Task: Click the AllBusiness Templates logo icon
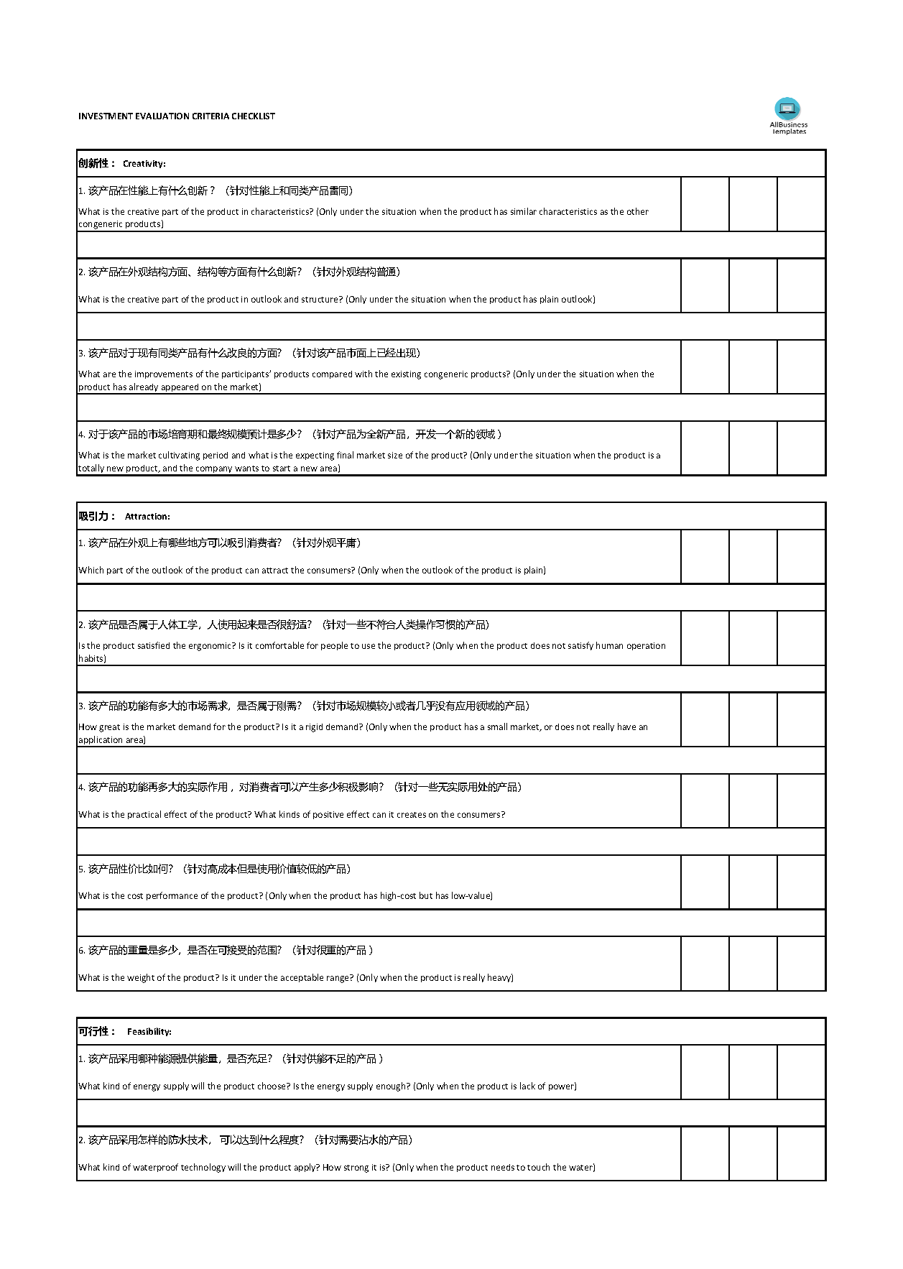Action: pos(787,109)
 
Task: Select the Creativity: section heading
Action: pos(144,164)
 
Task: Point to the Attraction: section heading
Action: pos(147,517)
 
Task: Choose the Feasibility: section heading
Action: pos(149,1032)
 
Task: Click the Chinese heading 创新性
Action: pos(93,163)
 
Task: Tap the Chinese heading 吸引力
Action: pos(93,516)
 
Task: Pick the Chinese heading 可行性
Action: pos(93,1031)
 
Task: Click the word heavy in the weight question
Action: pos(499,978)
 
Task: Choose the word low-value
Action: pos(470,896)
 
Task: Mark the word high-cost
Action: pos(397,896)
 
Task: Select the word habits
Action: pos(91,659)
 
